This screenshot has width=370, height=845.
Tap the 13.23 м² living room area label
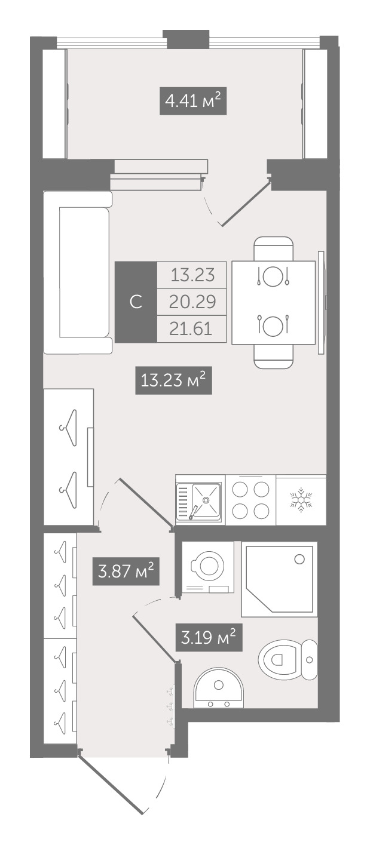[173, 380]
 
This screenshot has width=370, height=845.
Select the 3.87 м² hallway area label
[126, 571]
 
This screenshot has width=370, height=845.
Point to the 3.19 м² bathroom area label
[209, 638]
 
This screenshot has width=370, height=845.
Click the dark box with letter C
[136, 302]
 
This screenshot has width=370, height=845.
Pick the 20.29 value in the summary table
[192, 302]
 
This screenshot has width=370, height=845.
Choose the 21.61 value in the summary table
[191, 329]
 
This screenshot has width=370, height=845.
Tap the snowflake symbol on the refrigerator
[301, 500]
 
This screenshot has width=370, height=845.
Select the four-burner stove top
[250, 500]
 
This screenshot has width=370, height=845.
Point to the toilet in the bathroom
[288, 659]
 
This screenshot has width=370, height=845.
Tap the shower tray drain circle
[299, 559]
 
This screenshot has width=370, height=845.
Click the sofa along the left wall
[78, 272]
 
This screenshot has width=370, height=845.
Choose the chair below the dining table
[274, 356]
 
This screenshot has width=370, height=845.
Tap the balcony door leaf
[246, 203]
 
